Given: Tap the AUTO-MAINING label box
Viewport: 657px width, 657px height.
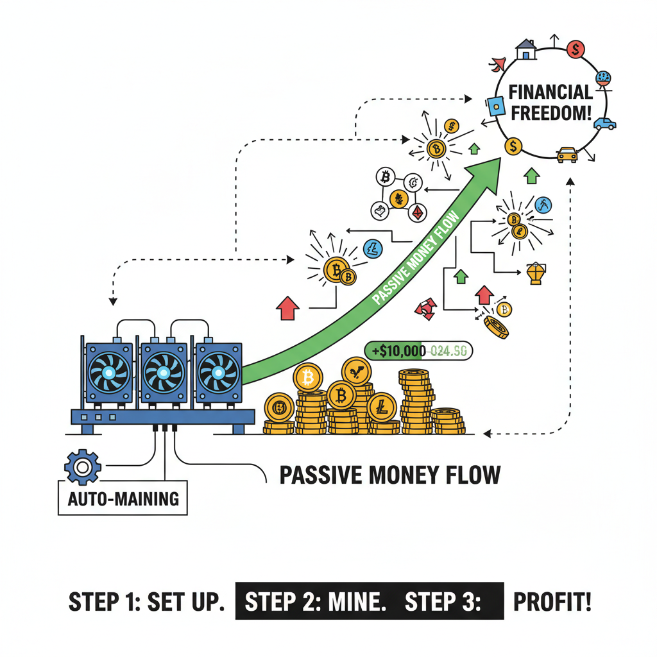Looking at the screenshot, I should (x=123, y=498).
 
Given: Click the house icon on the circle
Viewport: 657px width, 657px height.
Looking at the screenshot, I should (x=526, y=49).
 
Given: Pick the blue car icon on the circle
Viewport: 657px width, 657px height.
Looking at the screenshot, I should (x=604, y=123).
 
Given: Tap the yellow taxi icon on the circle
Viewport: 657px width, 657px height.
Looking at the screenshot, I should (x=567, y=153).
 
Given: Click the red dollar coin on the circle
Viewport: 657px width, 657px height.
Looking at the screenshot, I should (x=576, y=48).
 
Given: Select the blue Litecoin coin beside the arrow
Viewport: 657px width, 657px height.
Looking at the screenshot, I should (x=371, y=248).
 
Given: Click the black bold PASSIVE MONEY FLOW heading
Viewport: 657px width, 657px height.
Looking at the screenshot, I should (x=390, y=475).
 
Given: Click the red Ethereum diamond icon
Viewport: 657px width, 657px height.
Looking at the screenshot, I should (x=418, y=212).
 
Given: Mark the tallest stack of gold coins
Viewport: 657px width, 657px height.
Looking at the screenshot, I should (x=416, y=401).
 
